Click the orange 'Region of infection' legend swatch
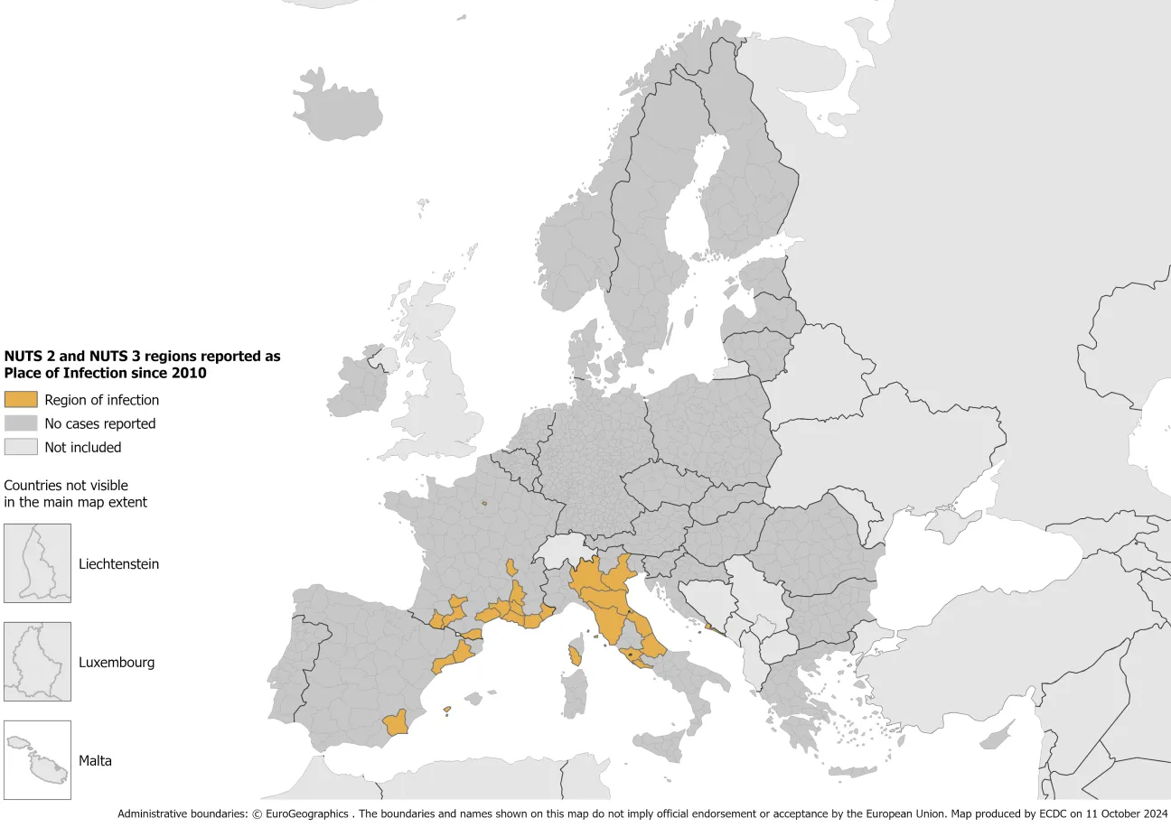[x=21, y=400]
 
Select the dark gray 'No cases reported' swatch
[x=21, y=423]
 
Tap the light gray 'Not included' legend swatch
[x=21, y=447]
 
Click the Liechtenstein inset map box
[x=37, y=563]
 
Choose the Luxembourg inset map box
[x=37, y=662]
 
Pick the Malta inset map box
[x=37, y=760]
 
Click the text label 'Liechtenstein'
[x=118, y=564]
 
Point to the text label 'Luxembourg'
[x=117, y=663]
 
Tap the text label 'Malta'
[x=95, y=761]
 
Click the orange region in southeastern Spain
[x=396, y=723]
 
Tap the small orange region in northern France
[x=485, y=504]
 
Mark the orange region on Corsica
[x=576, y=655]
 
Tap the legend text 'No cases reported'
[x=100, y=423]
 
